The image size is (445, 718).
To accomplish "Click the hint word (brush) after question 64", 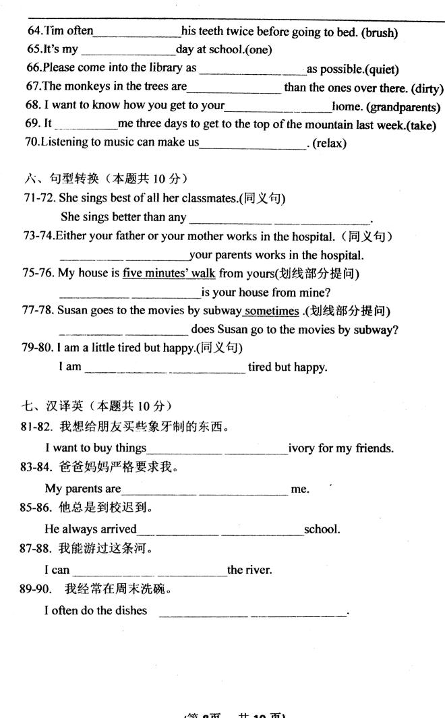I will coord(379,32).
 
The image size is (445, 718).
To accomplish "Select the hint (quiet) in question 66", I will coord(381,69).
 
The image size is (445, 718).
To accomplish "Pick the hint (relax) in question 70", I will coord(330,144).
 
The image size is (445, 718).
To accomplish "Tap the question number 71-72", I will coord(39,198).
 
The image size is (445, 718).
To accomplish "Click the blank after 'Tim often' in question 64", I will coord(138,32).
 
